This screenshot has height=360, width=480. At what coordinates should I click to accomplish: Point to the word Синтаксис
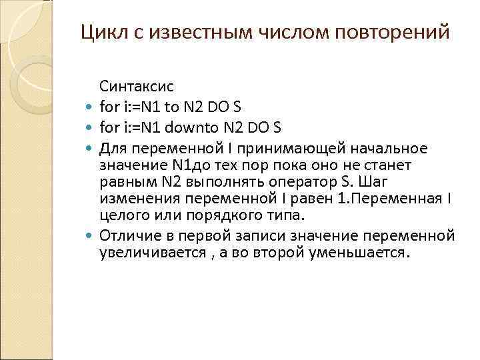tap(136, 86)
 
